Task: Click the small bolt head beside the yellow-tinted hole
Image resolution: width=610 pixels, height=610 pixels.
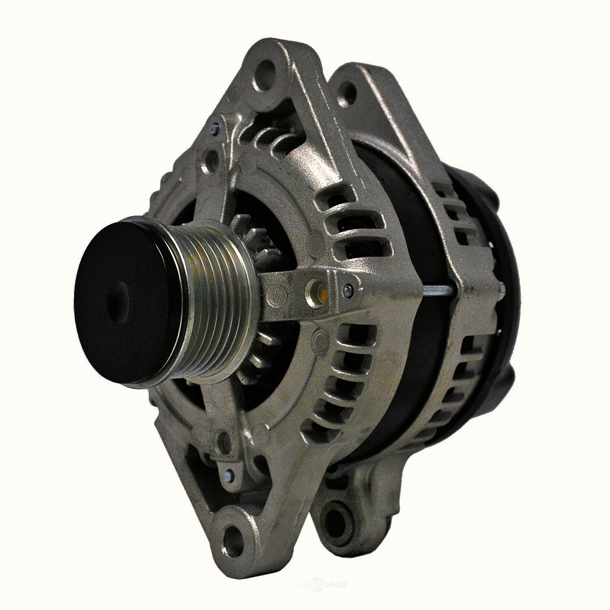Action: [347, 289]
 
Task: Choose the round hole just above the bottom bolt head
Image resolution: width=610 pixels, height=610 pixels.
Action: [222, 439]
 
